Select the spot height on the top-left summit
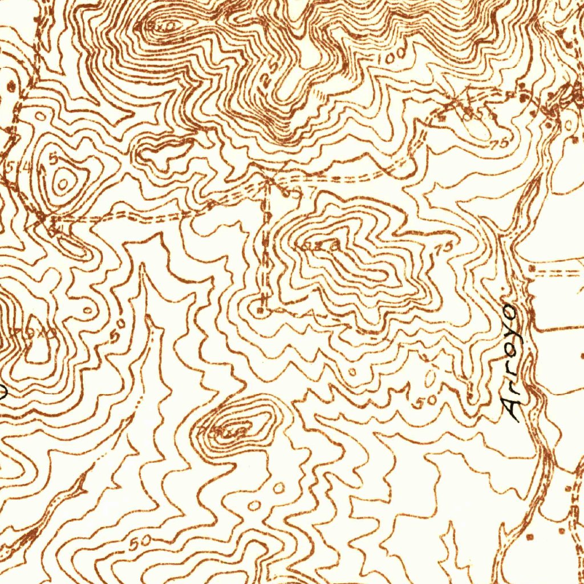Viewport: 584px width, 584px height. coord(156,26)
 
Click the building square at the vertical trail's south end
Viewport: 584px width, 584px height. coord(260,310)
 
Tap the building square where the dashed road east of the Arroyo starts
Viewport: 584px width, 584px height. coord(532,267)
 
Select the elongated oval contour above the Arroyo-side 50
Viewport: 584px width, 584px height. coord(431,376)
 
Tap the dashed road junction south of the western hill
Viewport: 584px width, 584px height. coord(51,219)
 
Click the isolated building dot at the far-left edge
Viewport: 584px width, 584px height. coord(10,87)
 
